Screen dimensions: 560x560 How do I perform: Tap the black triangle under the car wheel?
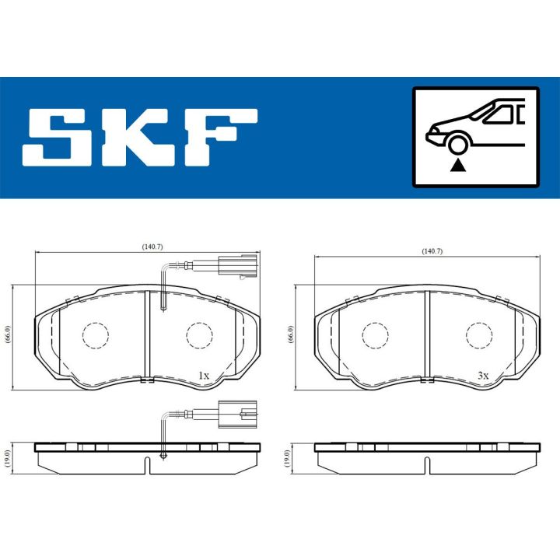point(459,164)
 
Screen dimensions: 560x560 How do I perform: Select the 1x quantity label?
point(204,376)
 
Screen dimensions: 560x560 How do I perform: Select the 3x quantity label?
point(483,376)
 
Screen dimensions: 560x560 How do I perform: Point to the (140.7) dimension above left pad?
point(152,247)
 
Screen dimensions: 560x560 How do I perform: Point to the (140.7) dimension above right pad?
point(431,251)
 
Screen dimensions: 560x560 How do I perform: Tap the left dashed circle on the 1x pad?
point(96,335)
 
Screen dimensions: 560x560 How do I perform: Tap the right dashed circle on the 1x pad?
point(199,335)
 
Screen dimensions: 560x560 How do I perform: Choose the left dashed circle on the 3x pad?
point(375,335)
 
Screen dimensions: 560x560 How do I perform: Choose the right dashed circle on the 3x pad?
point(478,335)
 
